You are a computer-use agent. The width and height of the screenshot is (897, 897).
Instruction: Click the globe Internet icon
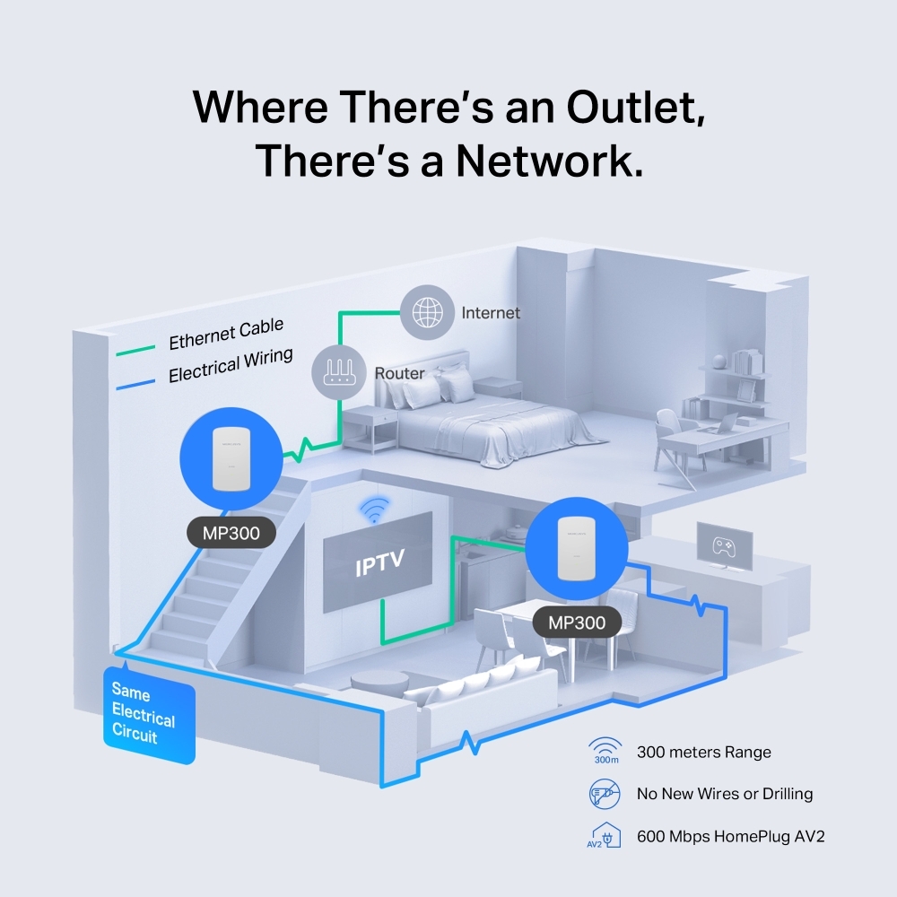(427, 312)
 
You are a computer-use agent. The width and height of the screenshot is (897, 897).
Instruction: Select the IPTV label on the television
(379, 564)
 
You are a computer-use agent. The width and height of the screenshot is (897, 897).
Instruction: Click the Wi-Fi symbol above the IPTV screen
(374, 509)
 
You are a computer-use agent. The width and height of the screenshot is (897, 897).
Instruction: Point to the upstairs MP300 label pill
(231, 534)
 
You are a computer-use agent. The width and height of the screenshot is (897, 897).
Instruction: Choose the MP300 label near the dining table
(576, 622)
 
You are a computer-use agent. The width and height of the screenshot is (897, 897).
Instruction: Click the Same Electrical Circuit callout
(148, 715)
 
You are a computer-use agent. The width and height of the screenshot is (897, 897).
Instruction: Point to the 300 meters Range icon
(605, 752)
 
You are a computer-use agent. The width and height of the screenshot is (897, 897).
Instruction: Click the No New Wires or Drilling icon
(605, 793)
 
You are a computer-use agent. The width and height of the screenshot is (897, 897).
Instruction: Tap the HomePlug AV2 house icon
(605, 835)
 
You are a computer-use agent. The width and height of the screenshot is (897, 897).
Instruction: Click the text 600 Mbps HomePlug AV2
(730, 836)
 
